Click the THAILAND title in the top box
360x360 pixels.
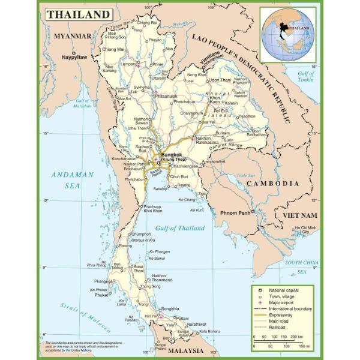coord(79,14)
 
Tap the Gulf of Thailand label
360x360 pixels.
coord(179,228)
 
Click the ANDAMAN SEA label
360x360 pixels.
coord(73,180)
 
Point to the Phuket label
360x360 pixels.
coord(101,295)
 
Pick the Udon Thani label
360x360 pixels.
coord(220,80)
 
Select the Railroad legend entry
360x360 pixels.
coord(278,328)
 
